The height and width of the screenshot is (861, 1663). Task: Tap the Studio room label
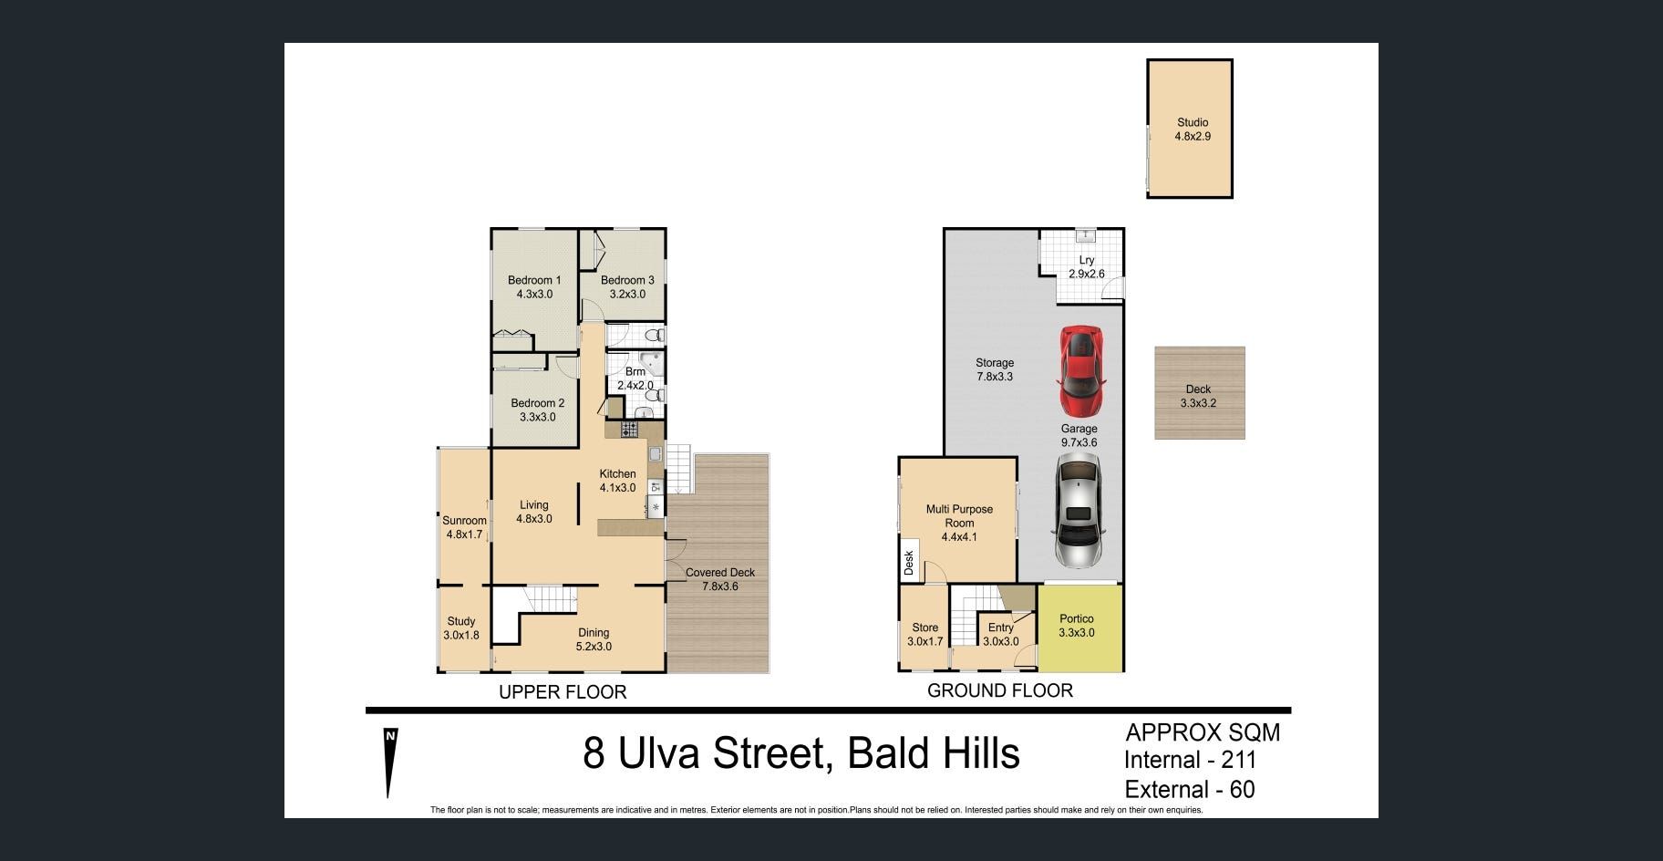(x=1193, y=122)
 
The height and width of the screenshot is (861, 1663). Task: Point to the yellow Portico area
(x=1079, y=628)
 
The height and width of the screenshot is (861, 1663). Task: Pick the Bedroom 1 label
(x=534, y=280)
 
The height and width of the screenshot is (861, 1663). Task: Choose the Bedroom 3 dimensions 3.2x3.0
(x=627, y=295)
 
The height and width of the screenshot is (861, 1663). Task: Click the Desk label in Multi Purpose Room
(x=909, y=562)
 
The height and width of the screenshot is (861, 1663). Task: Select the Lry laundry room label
(x=1087, y=260)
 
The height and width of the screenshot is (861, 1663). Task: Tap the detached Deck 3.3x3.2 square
(x=1200, y=392)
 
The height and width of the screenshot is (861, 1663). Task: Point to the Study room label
(x=461, y=621)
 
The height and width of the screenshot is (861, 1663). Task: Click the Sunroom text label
(x=464, y=521)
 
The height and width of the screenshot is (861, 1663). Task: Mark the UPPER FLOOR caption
(x=563, y=692)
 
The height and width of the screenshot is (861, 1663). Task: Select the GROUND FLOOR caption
(x=1000, y=690)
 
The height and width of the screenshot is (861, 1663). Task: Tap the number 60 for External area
(x=1242, y=790)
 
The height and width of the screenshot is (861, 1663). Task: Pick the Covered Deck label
(x=720, y=573)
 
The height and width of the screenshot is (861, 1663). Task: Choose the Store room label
(x=925, y=628)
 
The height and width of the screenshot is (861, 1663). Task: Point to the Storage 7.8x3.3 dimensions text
(x=995, y=377)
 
